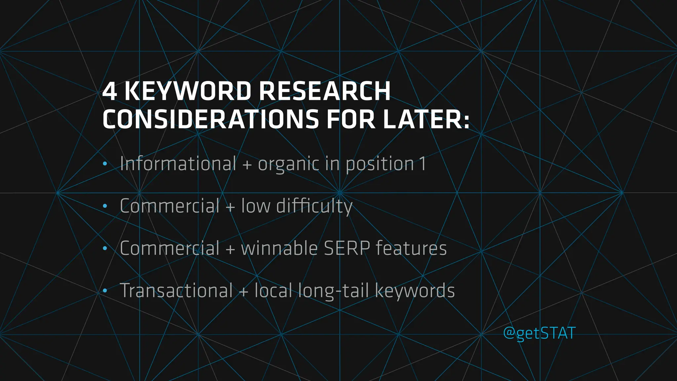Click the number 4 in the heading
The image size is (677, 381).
pos(109,91)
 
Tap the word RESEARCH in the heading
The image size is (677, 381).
pos(325,91)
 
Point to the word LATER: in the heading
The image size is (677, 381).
pos(426,119)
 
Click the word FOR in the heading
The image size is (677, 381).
pos(351,119)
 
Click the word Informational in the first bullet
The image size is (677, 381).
pos(178,164)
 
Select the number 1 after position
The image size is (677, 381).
pos(422,164)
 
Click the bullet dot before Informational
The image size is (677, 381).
pos(105,164)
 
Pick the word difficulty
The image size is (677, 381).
pos(314,206)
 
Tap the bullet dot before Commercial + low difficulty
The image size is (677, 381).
pos(105,206)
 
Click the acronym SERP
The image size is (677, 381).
pos(347,248)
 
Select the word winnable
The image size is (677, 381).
pos(279,248)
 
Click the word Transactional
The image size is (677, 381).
pos(176,291)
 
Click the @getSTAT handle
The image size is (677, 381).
pos(539,333)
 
